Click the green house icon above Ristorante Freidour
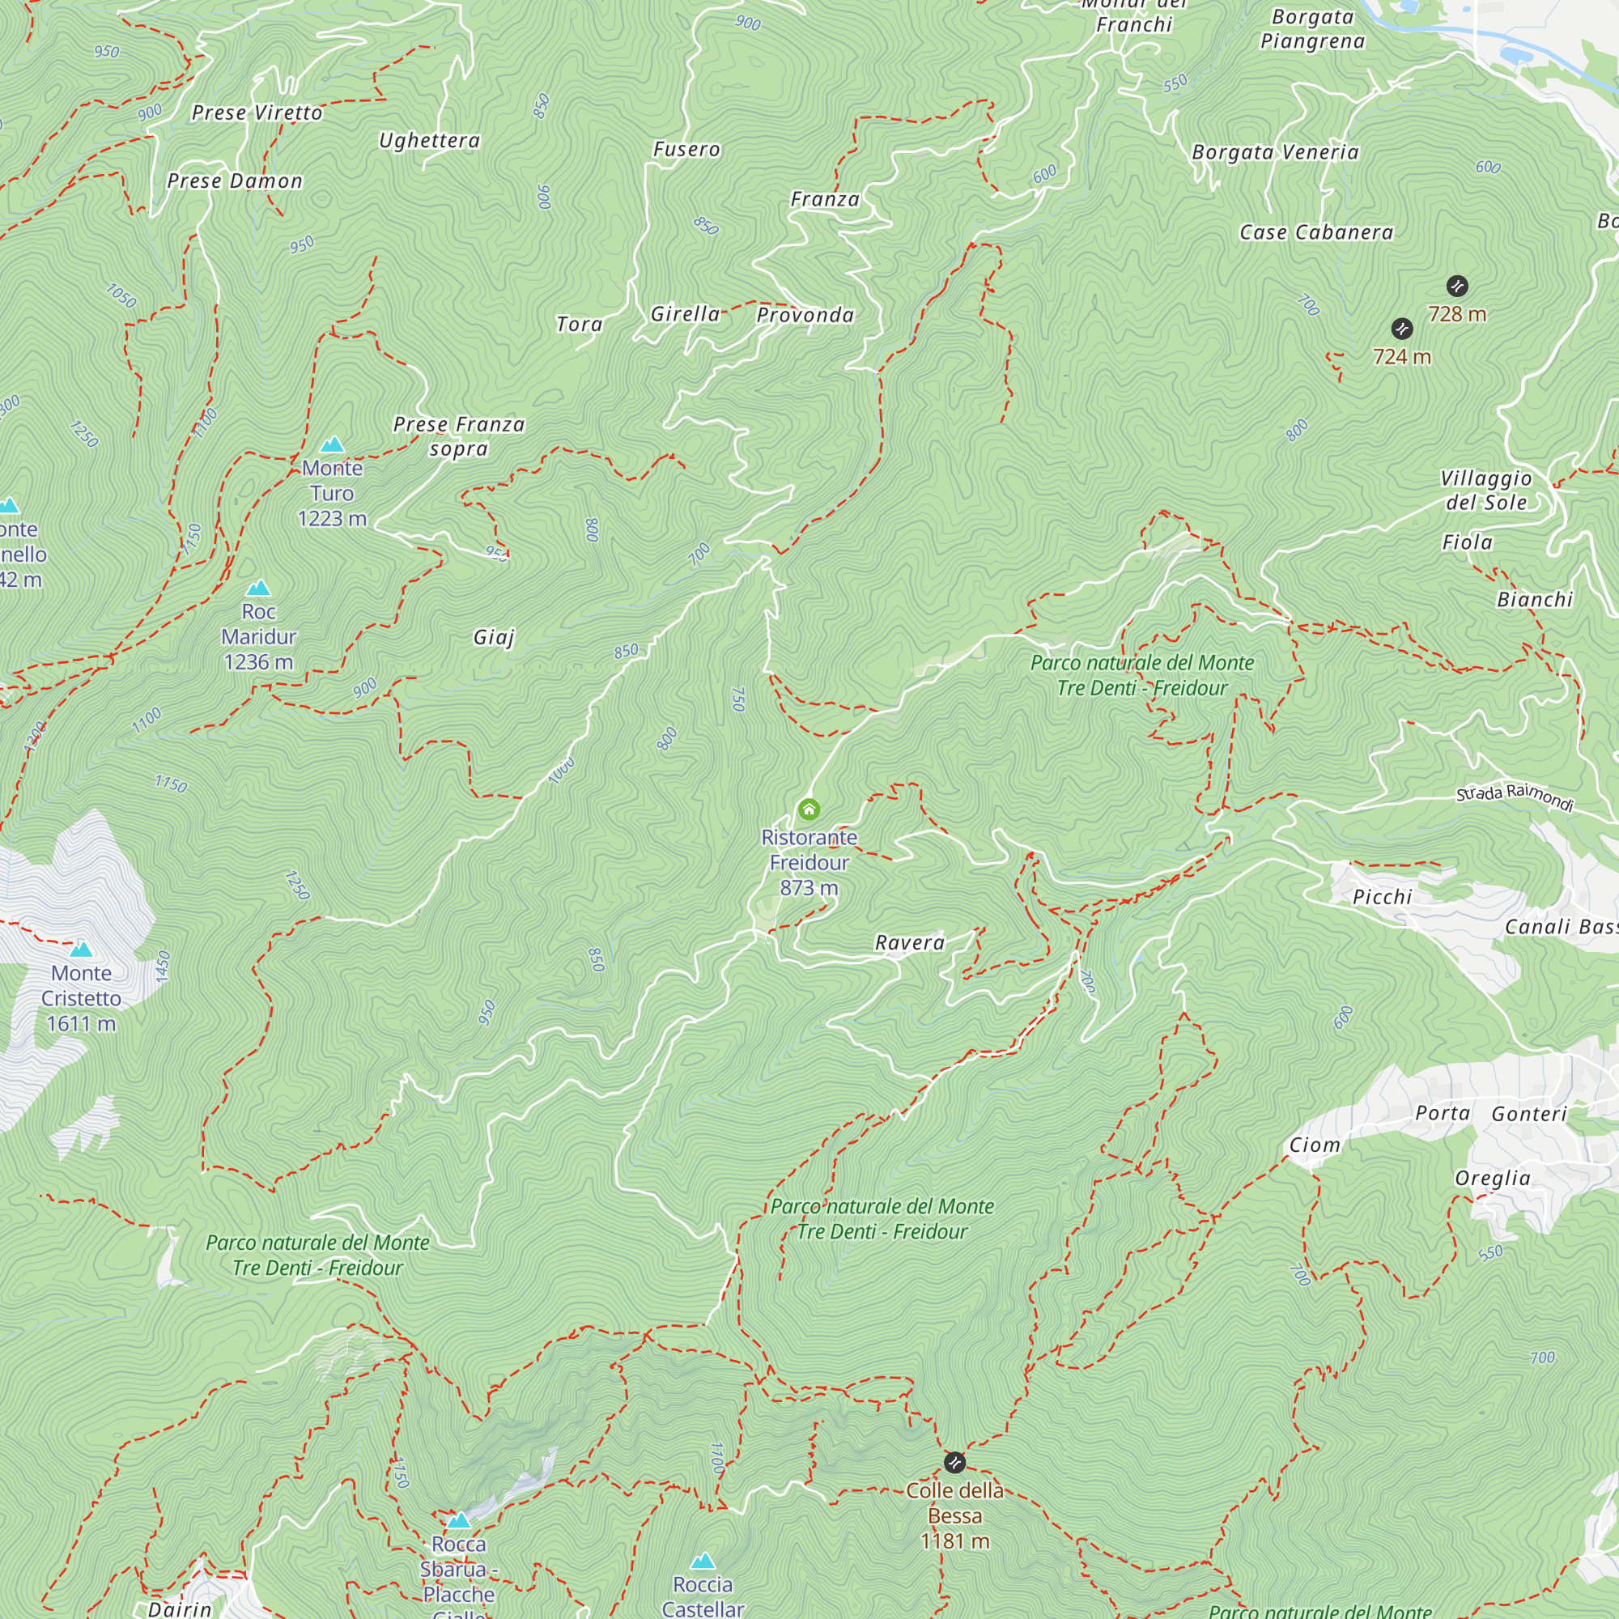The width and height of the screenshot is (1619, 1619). coord(809,809)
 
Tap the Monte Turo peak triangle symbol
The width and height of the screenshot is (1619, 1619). coord(333,444)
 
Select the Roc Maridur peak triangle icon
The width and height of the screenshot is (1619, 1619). coord(259,588)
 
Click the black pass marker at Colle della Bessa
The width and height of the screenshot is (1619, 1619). coord(954,1462)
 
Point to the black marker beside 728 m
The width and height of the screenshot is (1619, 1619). coord(1457,286)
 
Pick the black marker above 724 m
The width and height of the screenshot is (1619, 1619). coord(1402,329)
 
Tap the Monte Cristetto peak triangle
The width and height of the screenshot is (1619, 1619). coord(81,950)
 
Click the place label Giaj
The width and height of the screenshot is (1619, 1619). coord(494,637)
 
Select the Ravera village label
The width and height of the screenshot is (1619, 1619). coord(910,943)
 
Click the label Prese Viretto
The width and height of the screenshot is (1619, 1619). coord(257,113)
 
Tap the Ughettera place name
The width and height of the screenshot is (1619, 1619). coord(430,140)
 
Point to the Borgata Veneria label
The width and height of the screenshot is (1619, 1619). coord(1276,151)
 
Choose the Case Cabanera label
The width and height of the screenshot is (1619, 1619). coord(1316,232)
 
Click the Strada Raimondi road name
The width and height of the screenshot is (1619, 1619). coord(1515,796)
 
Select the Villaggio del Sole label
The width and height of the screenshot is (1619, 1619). coord(1485,491)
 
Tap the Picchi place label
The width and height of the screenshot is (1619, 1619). coord(1383,897)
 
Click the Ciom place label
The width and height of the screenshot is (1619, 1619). coord(1315,1145)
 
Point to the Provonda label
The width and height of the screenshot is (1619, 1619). coord(805,315)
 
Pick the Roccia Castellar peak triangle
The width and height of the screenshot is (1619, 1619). coord(703,1561)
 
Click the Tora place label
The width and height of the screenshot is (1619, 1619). coord(580,325)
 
